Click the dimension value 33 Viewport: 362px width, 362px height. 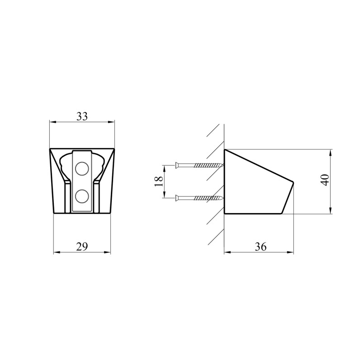pyautogui.click(x=82, y=116)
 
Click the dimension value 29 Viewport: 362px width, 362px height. pyautogui.click(x=82, y=247)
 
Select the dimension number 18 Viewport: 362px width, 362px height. pyautogui.click(x=159, y=181)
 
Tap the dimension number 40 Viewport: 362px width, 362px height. pyautogui.click(x=325, y=180)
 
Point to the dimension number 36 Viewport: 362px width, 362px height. pyautogui.click(x=261, y=247)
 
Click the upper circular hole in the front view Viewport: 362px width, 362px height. pyautogui.click(x=82, y=168)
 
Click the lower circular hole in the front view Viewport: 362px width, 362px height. pyautogui.click(x=82, y=196)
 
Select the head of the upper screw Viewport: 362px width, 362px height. pyautogui.click(x=177, y=165)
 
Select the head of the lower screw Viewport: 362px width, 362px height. pyautogui.click(x=177, y=198)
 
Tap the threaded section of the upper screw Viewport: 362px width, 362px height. pyautogui.click(x=209, y=165)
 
